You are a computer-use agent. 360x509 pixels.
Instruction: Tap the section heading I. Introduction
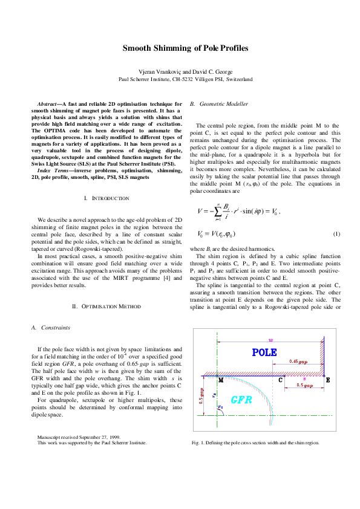106,198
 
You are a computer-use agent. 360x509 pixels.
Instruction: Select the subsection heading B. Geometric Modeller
219,104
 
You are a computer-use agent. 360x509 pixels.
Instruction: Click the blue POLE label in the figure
264,352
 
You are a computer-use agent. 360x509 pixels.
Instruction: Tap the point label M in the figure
220,381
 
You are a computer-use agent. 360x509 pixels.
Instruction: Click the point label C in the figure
281,380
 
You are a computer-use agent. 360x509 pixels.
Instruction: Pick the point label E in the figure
327,380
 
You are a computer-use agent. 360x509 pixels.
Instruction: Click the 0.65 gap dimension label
298,361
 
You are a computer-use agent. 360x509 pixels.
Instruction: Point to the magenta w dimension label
271,340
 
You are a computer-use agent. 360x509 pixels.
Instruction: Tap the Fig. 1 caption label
199,443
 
